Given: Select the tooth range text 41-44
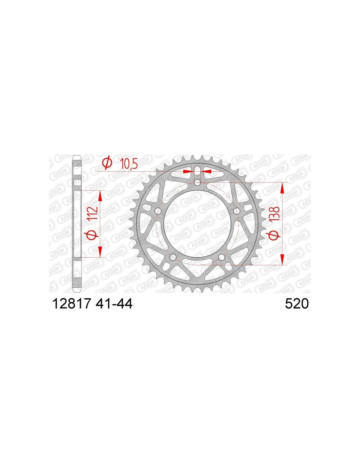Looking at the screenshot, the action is [113, 303].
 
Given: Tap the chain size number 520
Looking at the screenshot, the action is [297, 303].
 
